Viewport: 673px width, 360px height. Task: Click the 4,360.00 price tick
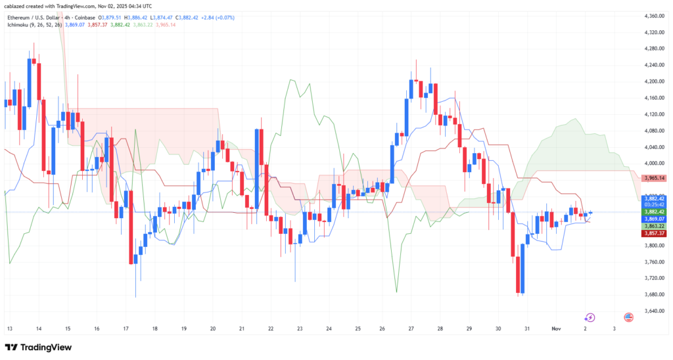coord(655,16)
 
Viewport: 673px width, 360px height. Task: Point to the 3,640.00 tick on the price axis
coord(655,311)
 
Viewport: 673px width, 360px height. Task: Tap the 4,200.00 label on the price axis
coord(655,81)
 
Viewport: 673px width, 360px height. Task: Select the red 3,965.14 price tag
coord(656,178)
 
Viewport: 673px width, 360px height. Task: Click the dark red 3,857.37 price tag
coord(655,233)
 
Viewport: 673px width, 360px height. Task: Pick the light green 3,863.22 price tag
coord(655,226)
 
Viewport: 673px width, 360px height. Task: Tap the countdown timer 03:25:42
coord(655,204)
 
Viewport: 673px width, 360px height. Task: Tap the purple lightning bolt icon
coord(590,317)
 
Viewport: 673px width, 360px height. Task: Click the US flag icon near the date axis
coord(628,317)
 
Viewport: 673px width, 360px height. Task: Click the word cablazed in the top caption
coord(16,6)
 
